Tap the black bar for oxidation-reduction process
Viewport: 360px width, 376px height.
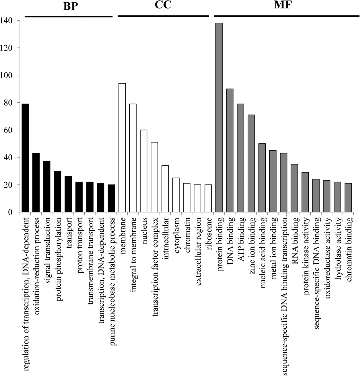point(36,182)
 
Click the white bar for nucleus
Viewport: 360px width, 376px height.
point(143,171)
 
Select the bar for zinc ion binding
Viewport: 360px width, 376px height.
point(251,163)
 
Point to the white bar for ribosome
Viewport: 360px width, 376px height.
point(208,198)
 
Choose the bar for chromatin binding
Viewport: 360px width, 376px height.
point(348,198)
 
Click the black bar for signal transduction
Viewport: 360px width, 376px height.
point(47,187)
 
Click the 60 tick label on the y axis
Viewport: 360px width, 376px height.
point(8,130)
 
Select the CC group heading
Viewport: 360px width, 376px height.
point(163,5)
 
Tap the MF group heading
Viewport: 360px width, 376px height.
point(282,5)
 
